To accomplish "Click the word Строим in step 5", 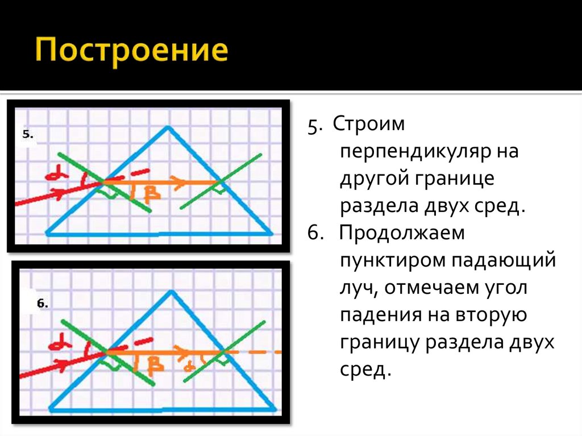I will [x=368, y=124].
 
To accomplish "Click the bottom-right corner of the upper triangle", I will [x=272, y=233].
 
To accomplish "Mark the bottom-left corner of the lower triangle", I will [x=51, y=409].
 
